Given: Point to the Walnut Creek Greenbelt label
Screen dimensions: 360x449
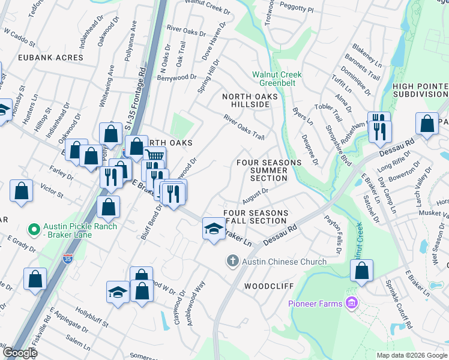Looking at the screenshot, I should tap(277, 79).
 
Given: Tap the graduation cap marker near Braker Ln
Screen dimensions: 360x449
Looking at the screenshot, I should tap(214, 229).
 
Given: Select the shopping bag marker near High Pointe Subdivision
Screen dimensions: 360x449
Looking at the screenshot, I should tap(426, 124).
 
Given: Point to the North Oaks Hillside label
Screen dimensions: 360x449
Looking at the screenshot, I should tap(250, 100).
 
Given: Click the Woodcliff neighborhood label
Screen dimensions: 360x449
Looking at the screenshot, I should tap(268, 287).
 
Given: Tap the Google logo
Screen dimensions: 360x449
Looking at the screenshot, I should tap(19, 353).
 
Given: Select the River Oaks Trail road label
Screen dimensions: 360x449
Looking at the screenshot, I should tap(244, 127).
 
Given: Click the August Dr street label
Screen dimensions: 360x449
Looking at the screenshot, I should tap(255, 195).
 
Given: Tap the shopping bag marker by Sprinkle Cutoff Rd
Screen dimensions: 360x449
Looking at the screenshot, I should tap(362, 271).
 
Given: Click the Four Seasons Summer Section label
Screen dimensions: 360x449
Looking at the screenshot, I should tap(269, 170).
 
